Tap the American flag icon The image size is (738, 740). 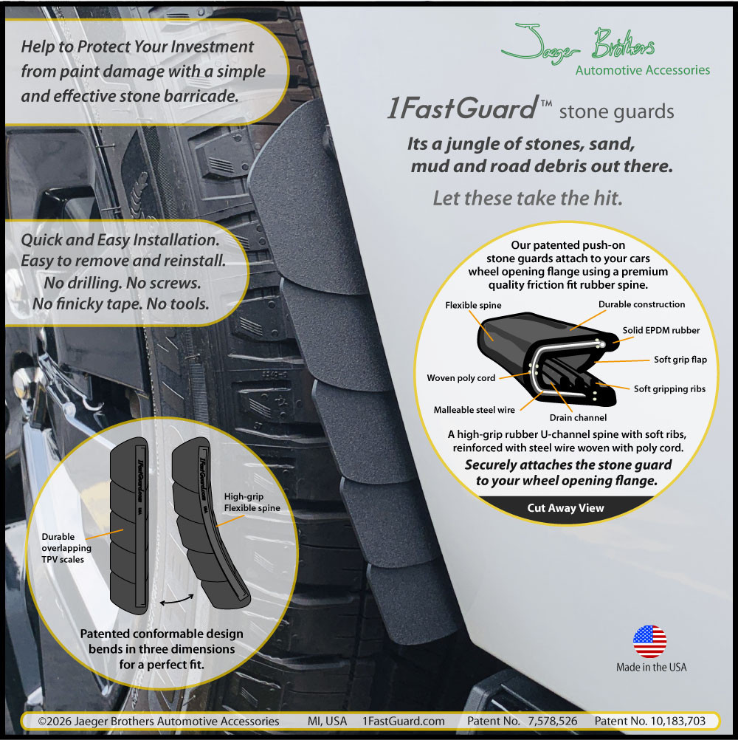pos(650,642)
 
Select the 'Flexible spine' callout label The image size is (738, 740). pos(473,305)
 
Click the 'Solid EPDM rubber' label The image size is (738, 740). pos(661,330)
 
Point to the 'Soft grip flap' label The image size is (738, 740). pos(680,360)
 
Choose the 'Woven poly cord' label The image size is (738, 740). pos(461,378)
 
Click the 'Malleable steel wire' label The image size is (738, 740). pos(474,410)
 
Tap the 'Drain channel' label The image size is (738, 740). pos(578,418)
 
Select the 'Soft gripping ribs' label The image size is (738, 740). pos(669,389)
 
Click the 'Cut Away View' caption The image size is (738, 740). pos(565,508)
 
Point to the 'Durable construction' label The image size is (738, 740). pos(641,304)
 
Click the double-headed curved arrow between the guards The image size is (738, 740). pos(177,600)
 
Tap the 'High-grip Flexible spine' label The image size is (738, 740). pos(252,502)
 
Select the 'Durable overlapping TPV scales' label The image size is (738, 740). pos(66,548)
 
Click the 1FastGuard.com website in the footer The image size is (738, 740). pos(403,721)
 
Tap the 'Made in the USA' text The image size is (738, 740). pos(651,668)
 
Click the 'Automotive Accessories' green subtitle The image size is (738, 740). pos(642,70)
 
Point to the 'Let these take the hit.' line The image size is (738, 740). pos(528,198)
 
